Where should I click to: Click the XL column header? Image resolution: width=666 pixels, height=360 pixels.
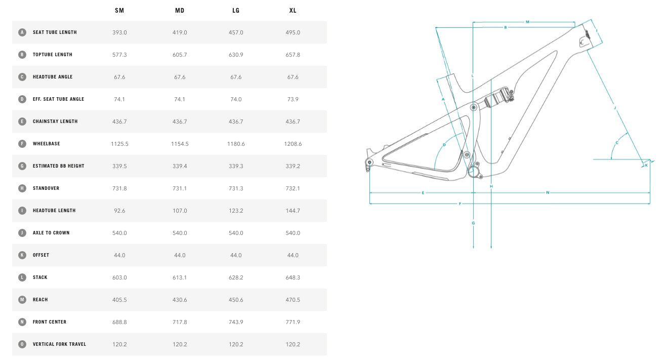[x=293, y=11]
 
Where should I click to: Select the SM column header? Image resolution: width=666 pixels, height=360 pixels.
[x=119, y=11]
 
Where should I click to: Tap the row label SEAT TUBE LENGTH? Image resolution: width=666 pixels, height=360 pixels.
[x=55, y=32]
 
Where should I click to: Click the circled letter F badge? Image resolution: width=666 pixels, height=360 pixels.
[x=22, y=144]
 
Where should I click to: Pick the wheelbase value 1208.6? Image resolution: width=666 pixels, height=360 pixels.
[x=293, y=144]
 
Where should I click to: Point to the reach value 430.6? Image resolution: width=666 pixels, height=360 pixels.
[x=180, y=300]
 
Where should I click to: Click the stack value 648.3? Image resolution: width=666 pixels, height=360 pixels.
[x=293, y=277]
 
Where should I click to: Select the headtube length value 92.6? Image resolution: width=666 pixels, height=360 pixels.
[x=119, y=211]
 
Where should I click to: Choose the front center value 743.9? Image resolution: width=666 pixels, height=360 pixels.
[x=236, y=322]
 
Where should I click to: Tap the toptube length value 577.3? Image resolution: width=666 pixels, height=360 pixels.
[x=119, y=55]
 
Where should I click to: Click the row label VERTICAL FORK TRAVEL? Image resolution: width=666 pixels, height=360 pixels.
[x=59, y=344]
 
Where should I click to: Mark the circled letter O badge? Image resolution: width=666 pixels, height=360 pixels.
[x=22, y=344]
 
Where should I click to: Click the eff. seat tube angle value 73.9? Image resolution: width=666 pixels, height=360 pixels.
[x=293, y=99]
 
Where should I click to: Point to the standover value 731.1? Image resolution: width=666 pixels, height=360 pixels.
[x=180, y=188]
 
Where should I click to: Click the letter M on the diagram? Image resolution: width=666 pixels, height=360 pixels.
[x=527, y=22]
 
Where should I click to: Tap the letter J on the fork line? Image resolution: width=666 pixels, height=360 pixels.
[x=615, y=108]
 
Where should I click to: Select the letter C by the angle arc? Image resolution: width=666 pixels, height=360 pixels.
[x=616, y=143]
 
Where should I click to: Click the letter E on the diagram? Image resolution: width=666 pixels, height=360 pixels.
[x=423, y=193]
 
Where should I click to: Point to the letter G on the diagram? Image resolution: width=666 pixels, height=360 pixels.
[x=473, y=223]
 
